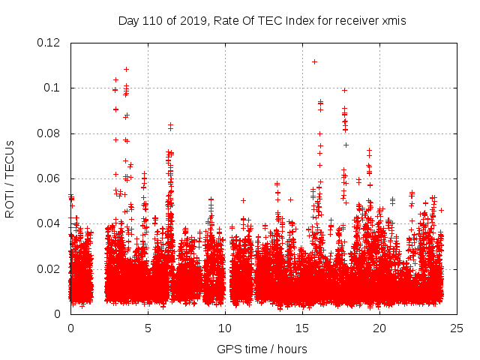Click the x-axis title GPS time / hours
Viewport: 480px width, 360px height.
coord(262,349)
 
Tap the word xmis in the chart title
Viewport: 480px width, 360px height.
coord(393,21)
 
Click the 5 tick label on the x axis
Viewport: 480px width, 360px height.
coord(148,328)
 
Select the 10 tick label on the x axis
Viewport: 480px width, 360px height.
coord(225,328)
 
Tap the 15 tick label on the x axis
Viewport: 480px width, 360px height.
coord(302,328)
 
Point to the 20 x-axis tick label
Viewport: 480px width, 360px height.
coord(379,328)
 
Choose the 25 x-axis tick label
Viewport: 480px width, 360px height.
coord(457,328)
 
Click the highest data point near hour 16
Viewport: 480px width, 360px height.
coord(314,61)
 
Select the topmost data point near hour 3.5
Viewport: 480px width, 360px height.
coord(126,70)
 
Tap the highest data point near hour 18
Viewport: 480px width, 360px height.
coord(344,90)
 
